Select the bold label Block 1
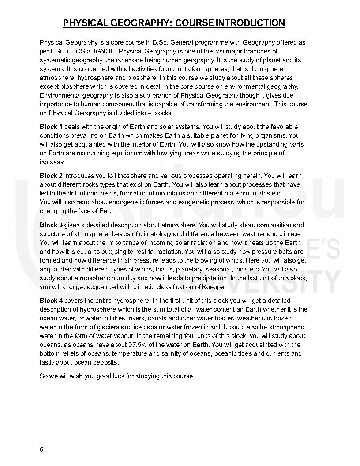tap(51, 127)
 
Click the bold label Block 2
tap(51, 176)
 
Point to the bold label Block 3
tap(51, 225)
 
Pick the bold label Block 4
tap(51, 301)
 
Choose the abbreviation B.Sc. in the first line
tap(160, 42)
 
